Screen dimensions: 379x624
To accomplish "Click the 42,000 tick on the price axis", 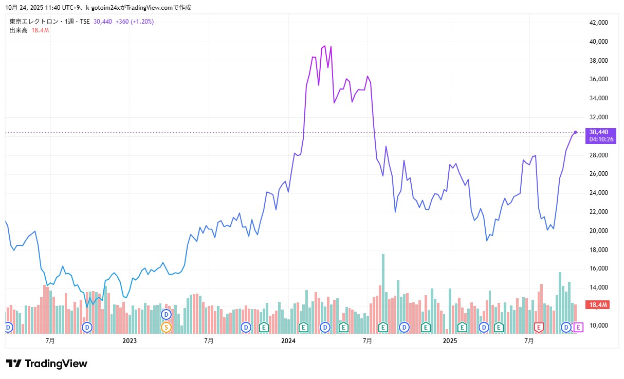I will (x=599, y=23).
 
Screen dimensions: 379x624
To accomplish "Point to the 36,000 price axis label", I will (x=599, y=79).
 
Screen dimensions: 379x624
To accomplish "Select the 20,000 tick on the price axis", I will (x=599, y=231).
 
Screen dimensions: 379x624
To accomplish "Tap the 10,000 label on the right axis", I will (x=599, y=326).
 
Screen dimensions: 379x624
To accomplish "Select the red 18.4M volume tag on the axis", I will (x=599, y=305).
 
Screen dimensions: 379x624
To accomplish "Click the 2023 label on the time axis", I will (x=130, y=341).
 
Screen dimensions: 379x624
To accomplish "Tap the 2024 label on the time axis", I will (x=288, y=341).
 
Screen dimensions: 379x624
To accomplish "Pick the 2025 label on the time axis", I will (x=450, y=341).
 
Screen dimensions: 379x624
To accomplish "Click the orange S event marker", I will (x=166, y=327).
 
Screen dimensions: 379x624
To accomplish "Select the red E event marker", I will (x=539, y=327).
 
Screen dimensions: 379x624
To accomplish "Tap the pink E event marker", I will (x=579, y=327).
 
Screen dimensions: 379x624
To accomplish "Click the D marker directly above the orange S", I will (x=166, y=314).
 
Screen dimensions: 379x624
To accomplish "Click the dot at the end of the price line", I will (x=575, y=132).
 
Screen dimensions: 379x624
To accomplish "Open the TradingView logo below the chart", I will (x=47, y=364).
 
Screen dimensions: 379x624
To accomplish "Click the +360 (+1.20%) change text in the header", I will (x=134, y=22).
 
